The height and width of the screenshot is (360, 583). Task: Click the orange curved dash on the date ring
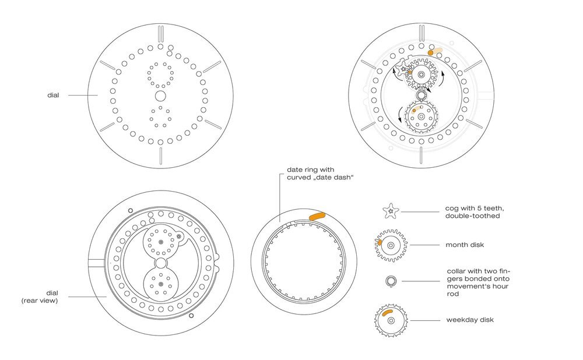click(317, 216)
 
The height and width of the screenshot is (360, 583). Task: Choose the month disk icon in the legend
click(389, 245)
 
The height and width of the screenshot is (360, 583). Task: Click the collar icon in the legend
click(389, 281)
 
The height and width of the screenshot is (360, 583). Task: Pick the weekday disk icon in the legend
click(389, 320)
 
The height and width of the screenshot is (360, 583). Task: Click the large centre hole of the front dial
click(160, 95)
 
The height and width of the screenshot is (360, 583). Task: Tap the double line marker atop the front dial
click(160, 34)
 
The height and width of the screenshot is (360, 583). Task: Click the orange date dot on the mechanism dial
click(430, 52)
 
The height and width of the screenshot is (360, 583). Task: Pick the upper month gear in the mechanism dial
click(421, 73)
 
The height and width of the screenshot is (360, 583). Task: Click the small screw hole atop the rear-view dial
click(130, 210)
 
